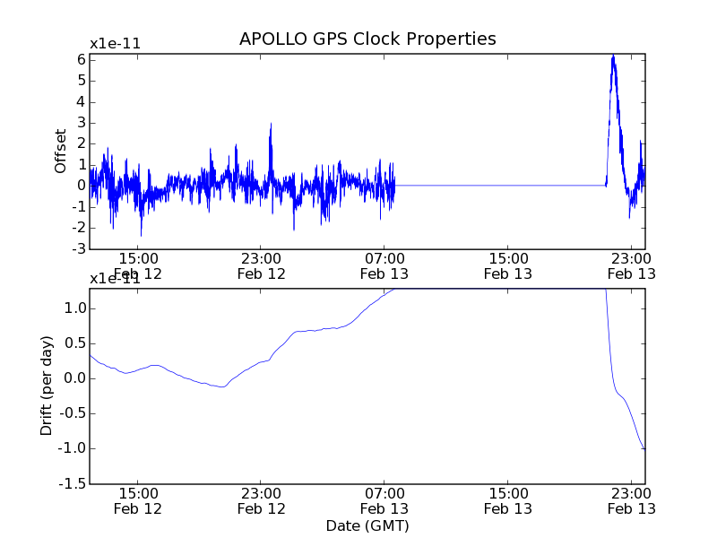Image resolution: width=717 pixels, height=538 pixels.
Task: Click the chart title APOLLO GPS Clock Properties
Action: pyautogui.click(x=367, y=39)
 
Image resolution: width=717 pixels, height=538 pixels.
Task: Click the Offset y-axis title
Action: pyautogui.click(x=61, y=151)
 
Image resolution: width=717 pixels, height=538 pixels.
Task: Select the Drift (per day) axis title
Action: pyautogui.click(x=48, y=386)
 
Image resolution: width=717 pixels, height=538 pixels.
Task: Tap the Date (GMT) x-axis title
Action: pyautogui.click(x=367, y=525)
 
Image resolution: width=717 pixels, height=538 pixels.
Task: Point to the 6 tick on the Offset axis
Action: pyautogui.click(x=81, y=59)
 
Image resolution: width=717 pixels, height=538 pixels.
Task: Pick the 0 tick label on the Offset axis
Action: pyautogui.click(x=81, y=186)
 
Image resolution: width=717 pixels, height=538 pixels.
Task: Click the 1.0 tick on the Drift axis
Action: pyautogui.click(x=73, y=308)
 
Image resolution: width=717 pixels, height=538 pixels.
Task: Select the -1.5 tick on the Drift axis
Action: pyautogui.click(x=71, y=483)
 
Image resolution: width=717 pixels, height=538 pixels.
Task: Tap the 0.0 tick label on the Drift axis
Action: pyautogui.click(x=73, y=378)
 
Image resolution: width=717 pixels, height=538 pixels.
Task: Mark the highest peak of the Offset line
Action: pyautogui.click(x=613, y=56)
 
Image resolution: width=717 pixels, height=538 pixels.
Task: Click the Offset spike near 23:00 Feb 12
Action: pyautogui.click(x=270, y=126)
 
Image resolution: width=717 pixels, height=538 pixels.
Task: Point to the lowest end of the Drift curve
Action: pyautogui.click(x=644, y=448)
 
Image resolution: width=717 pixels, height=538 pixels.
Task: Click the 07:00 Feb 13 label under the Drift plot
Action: pyautogui.click(x=384, y=500)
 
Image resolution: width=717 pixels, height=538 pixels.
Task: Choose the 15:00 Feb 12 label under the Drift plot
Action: pyautogui.click(x=137, y=500)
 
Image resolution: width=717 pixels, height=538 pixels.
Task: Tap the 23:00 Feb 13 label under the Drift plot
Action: pyautogui.click(x=632, y=500)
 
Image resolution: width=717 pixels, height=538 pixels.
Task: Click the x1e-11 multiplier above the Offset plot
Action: pyautogui.click(x=115, y=44)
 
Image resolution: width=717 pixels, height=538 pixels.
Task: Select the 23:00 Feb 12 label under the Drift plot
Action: pyautogui.click(x=261, y=500)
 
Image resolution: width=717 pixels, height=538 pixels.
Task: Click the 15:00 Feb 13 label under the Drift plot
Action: pyautogui.click(x=508, y=500)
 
